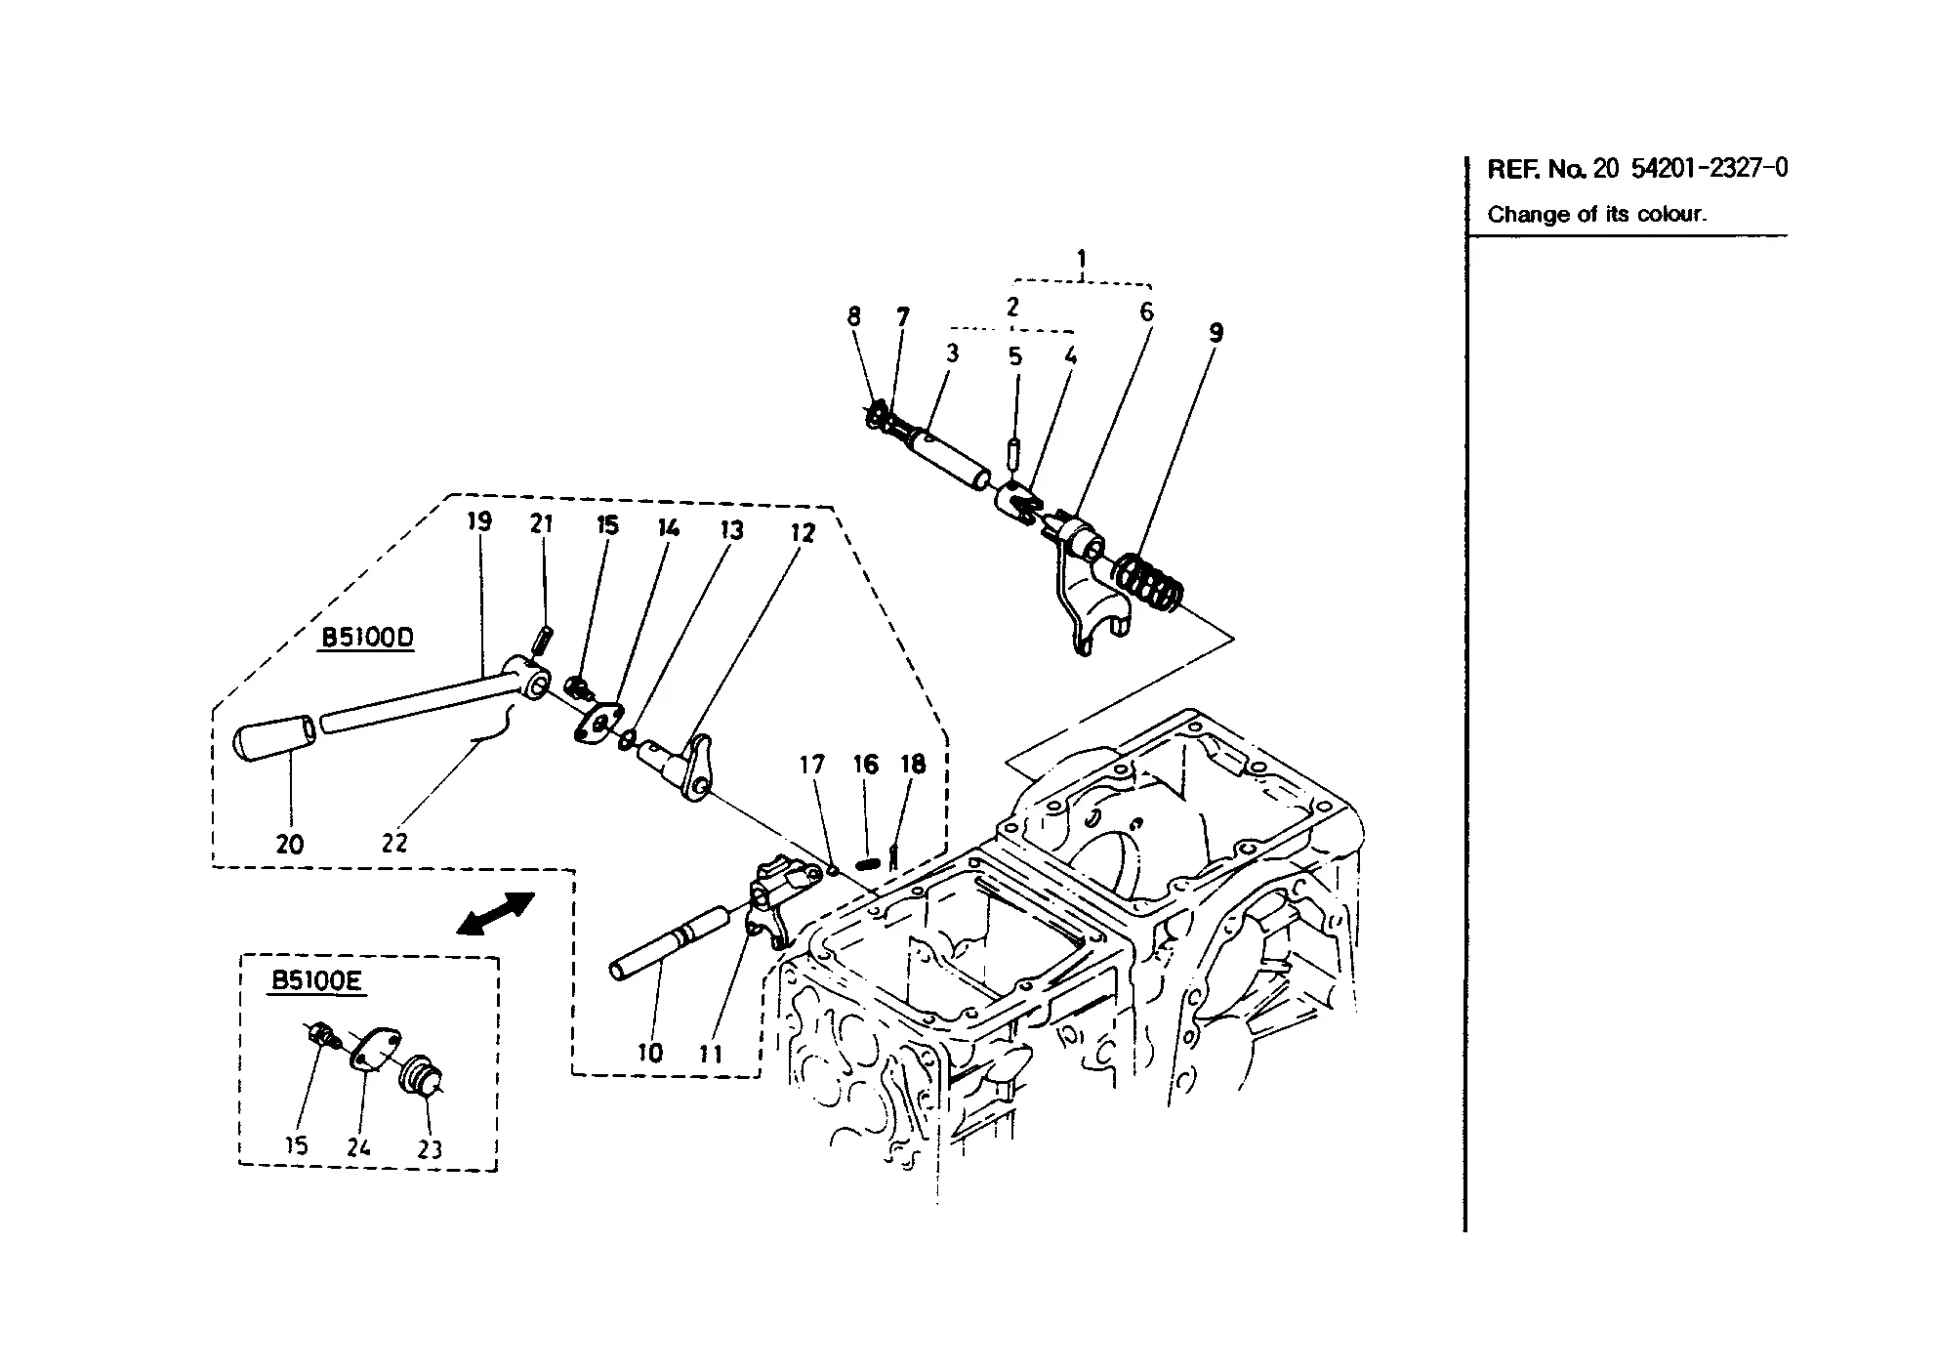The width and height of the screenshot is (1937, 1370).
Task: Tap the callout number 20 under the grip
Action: pos(290,844)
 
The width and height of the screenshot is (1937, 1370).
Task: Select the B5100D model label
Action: pos(368,638)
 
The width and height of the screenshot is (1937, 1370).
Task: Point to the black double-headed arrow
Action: pos(496,913)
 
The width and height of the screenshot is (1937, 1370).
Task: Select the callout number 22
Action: pos(394,842)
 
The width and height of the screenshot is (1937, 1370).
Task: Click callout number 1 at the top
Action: pos(1081,260)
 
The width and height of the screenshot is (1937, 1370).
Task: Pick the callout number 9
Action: pos(1216,333)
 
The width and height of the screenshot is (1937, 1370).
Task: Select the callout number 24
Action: pos(358,1147)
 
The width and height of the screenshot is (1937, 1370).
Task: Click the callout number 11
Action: pos(711,1054)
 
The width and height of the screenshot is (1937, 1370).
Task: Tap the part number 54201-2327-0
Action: pos(1710,168)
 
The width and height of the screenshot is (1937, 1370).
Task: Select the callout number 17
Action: pos(812,765)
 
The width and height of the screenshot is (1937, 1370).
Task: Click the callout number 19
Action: pos(478,521)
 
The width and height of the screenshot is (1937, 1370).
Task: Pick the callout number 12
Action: pos(802,533)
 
